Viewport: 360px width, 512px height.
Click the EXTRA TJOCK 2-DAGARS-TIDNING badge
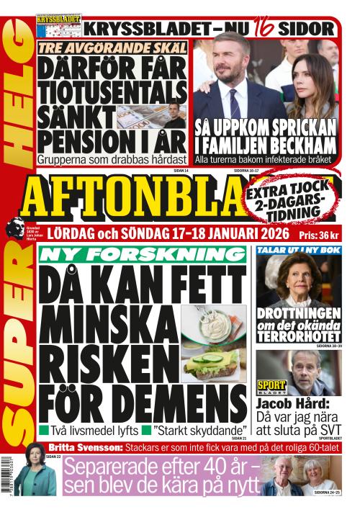pos(292,199)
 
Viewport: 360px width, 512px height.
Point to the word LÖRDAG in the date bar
pos(62,235)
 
